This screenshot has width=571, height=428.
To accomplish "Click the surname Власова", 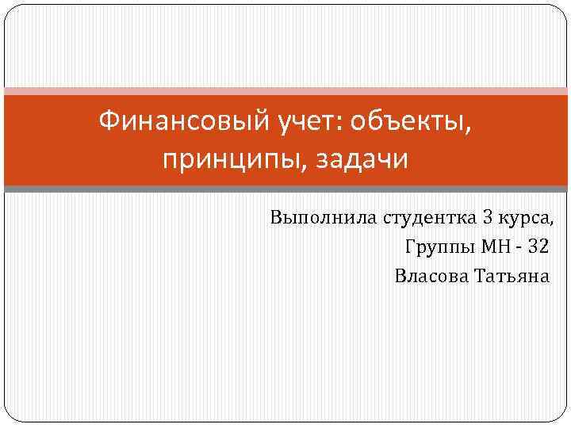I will [431, 276].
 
